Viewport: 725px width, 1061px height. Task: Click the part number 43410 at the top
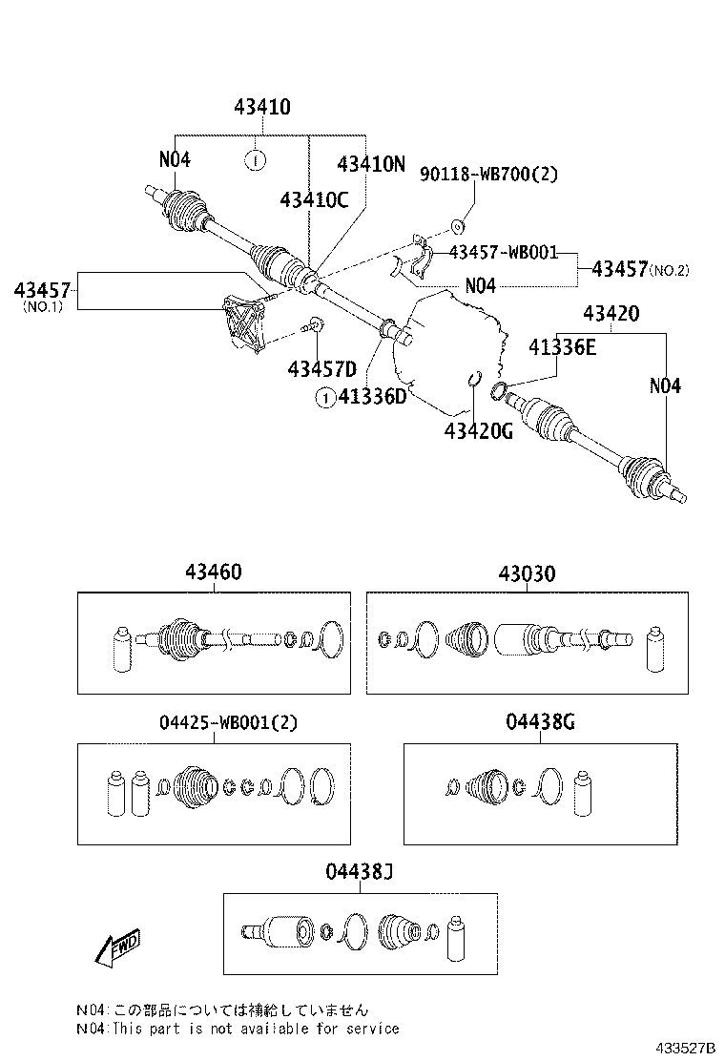coord(262,107)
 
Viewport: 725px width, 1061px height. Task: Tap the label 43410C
coord(314,199)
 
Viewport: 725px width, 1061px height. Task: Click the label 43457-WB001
coord(503,252)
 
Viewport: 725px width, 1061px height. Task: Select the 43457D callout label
coord(321,368)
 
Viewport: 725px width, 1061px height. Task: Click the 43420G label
coord(478,431)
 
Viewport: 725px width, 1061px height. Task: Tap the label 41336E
coord(563,348)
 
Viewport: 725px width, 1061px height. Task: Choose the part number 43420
coord(611,312)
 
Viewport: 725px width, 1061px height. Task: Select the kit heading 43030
coord(526,573)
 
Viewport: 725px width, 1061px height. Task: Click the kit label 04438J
coord(359,871)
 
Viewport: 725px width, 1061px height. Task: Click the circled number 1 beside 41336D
coord(325,398)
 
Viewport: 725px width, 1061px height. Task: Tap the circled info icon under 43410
coord(256,159)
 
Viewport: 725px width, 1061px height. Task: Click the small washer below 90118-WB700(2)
coord(456,227)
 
